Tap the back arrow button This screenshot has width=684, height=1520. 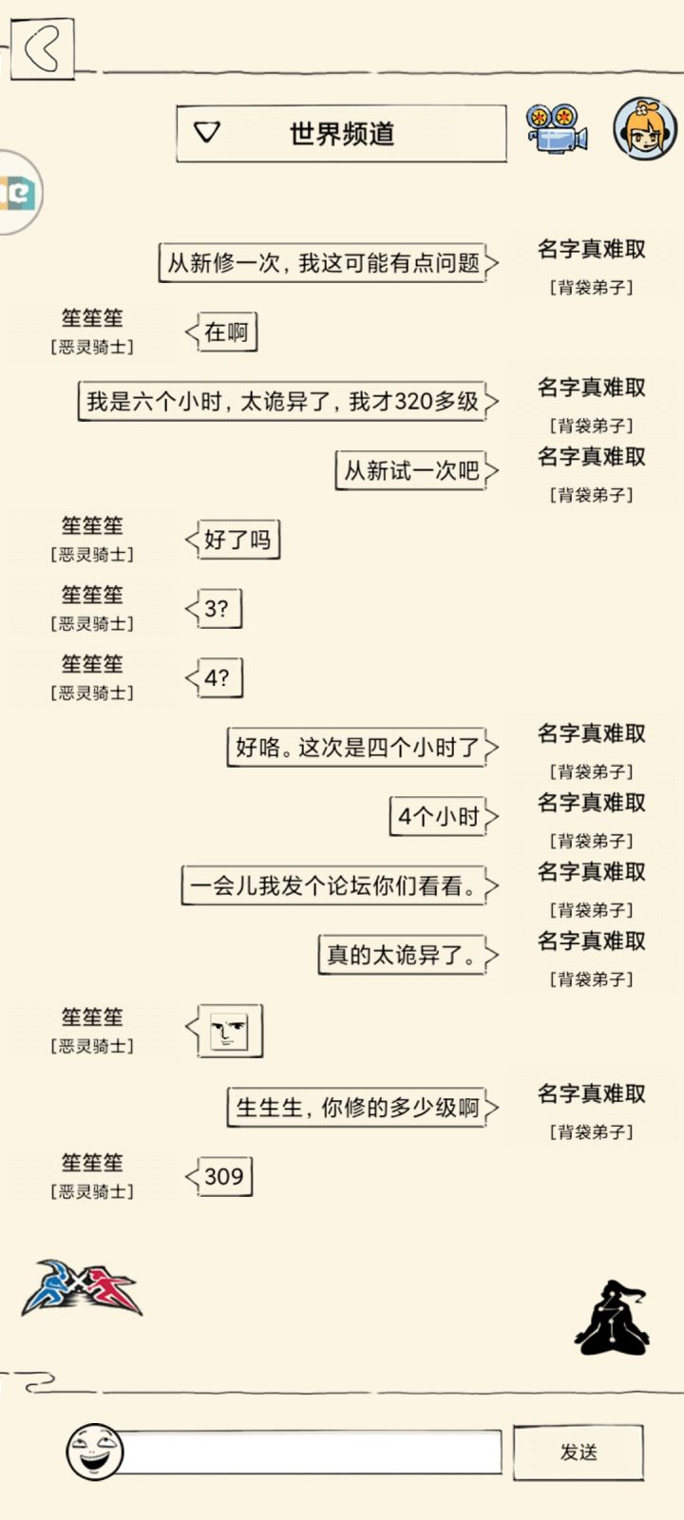point(42,48)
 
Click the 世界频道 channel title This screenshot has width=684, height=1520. point(342,134)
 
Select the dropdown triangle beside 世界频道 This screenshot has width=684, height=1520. point(207,132)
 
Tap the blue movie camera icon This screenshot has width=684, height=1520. point(557,128)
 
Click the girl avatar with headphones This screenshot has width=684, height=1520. point(645,128)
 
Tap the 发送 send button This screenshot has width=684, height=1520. point(579,1452)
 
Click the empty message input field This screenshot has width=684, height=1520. point(313,1453)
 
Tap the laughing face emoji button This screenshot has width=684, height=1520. point(94,1453)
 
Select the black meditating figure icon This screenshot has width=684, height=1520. point(612,1317)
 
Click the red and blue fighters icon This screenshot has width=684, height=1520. point(82,1287)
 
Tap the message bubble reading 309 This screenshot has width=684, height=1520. point(219,1176)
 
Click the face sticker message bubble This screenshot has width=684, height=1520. point(224,1031)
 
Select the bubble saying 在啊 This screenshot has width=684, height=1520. point(222,332)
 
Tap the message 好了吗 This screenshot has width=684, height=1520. point(233,540)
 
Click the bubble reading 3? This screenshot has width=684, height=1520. point(214,609)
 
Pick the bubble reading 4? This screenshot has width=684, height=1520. point(215,678)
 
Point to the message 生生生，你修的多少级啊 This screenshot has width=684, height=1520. point(363,1108)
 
